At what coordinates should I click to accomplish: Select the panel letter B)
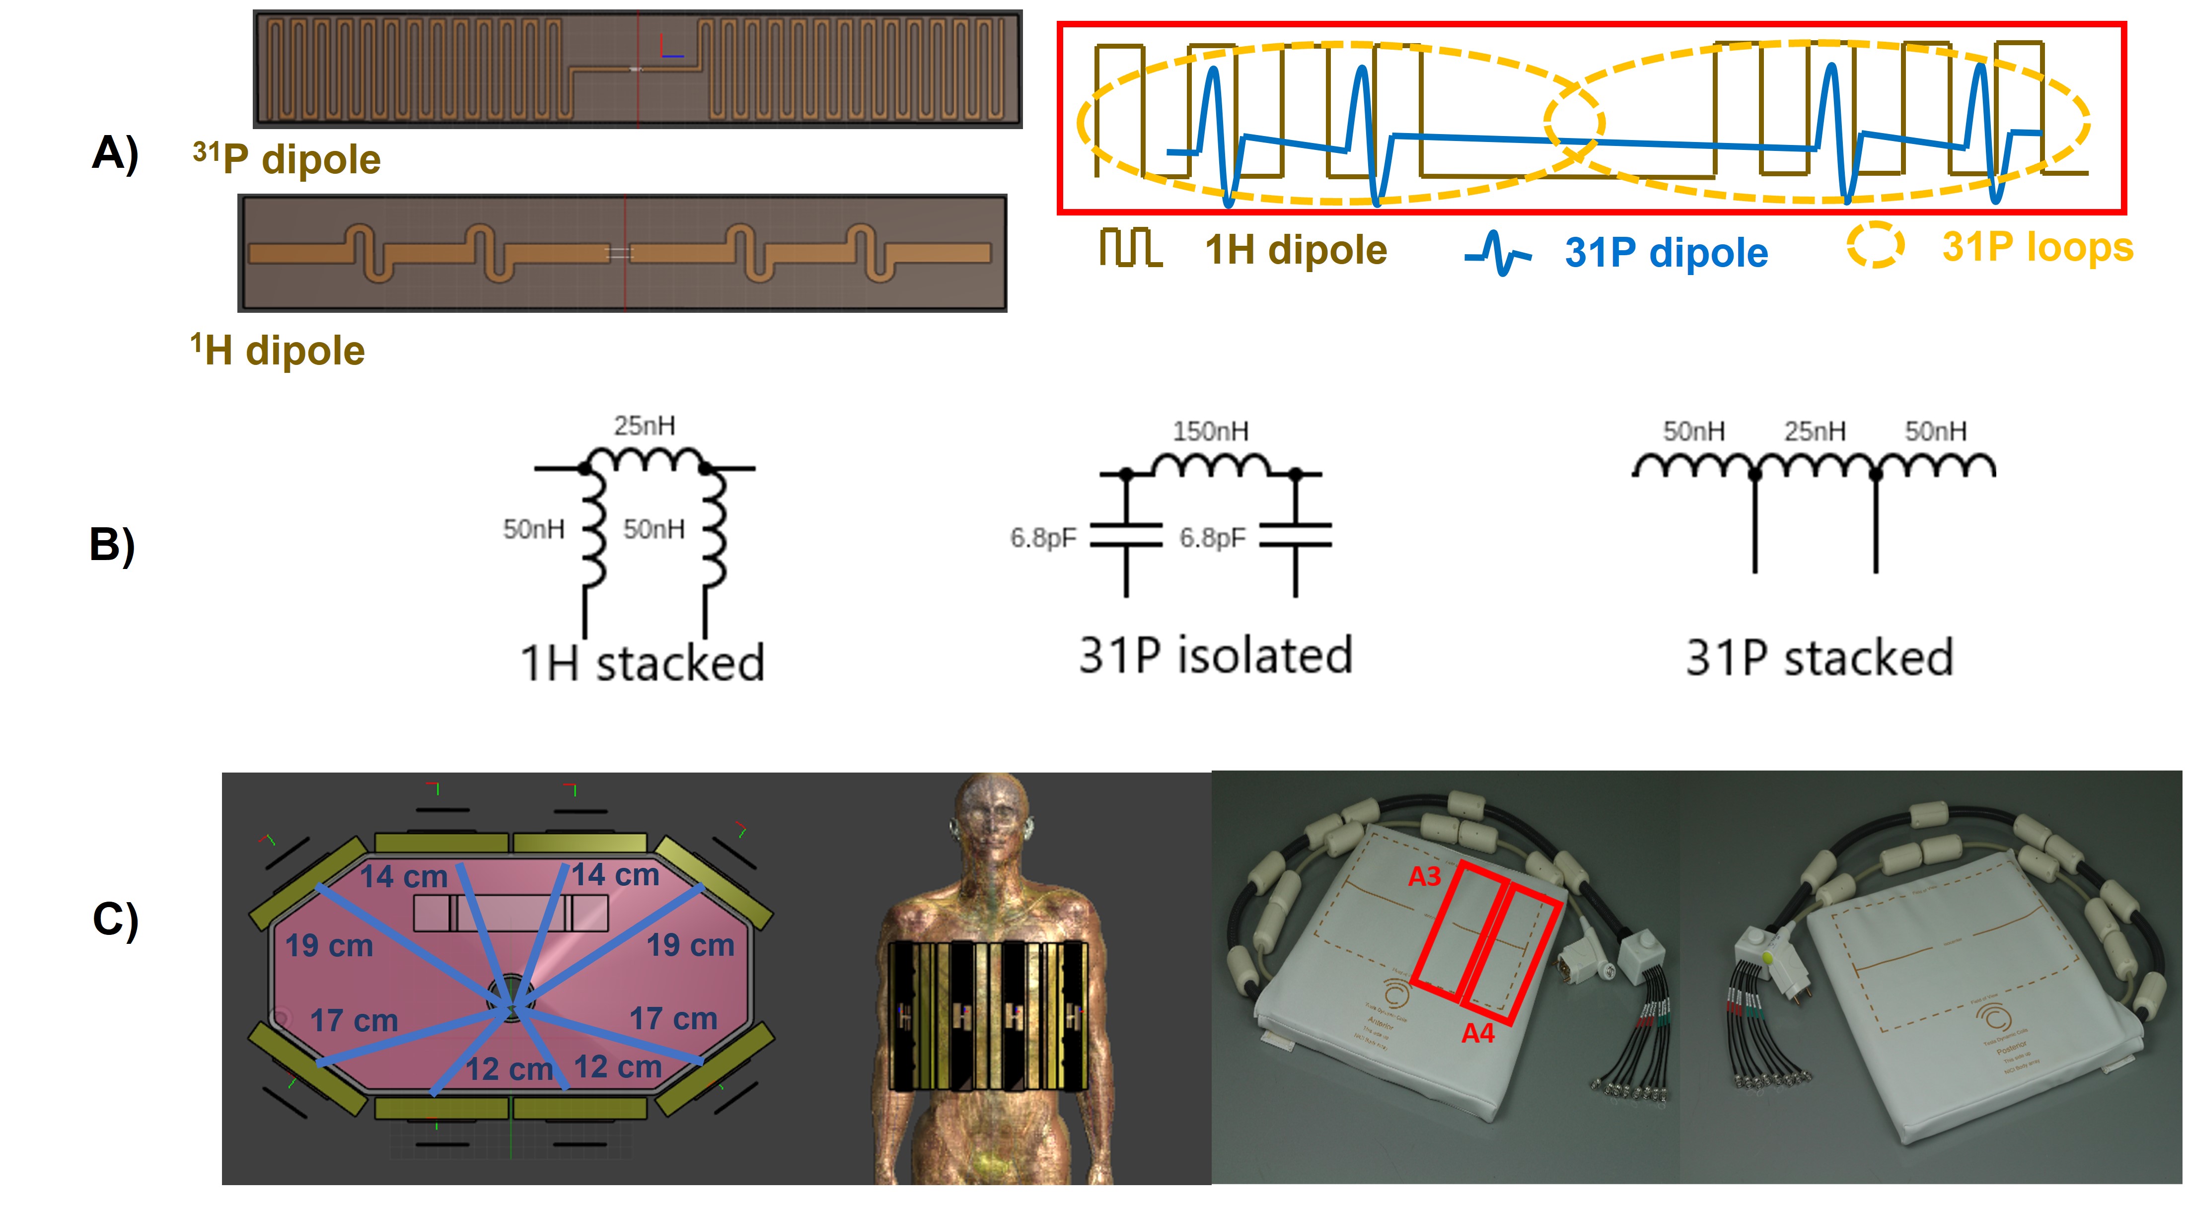click(x=112, y=545)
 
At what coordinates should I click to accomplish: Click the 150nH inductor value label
click(x=1210, y=431)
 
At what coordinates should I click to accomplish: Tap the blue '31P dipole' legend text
click(x=1666, y=253)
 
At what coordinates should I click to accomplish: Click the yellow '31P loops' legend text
click(x=2038, y=248)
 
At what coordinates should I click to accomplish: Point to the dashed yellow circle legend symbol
click(x=1876, y=245)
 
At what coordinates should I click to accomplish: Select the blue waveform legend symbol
click(x=1497, y=253)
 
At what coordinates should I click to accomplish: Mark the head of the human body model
click(x=992, y=818)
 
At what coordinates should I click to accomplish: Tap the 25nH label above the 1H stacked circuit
click(x=645, y=425)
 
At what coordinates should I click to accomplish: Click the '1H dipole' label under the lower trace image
click(x=278, y=350)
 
